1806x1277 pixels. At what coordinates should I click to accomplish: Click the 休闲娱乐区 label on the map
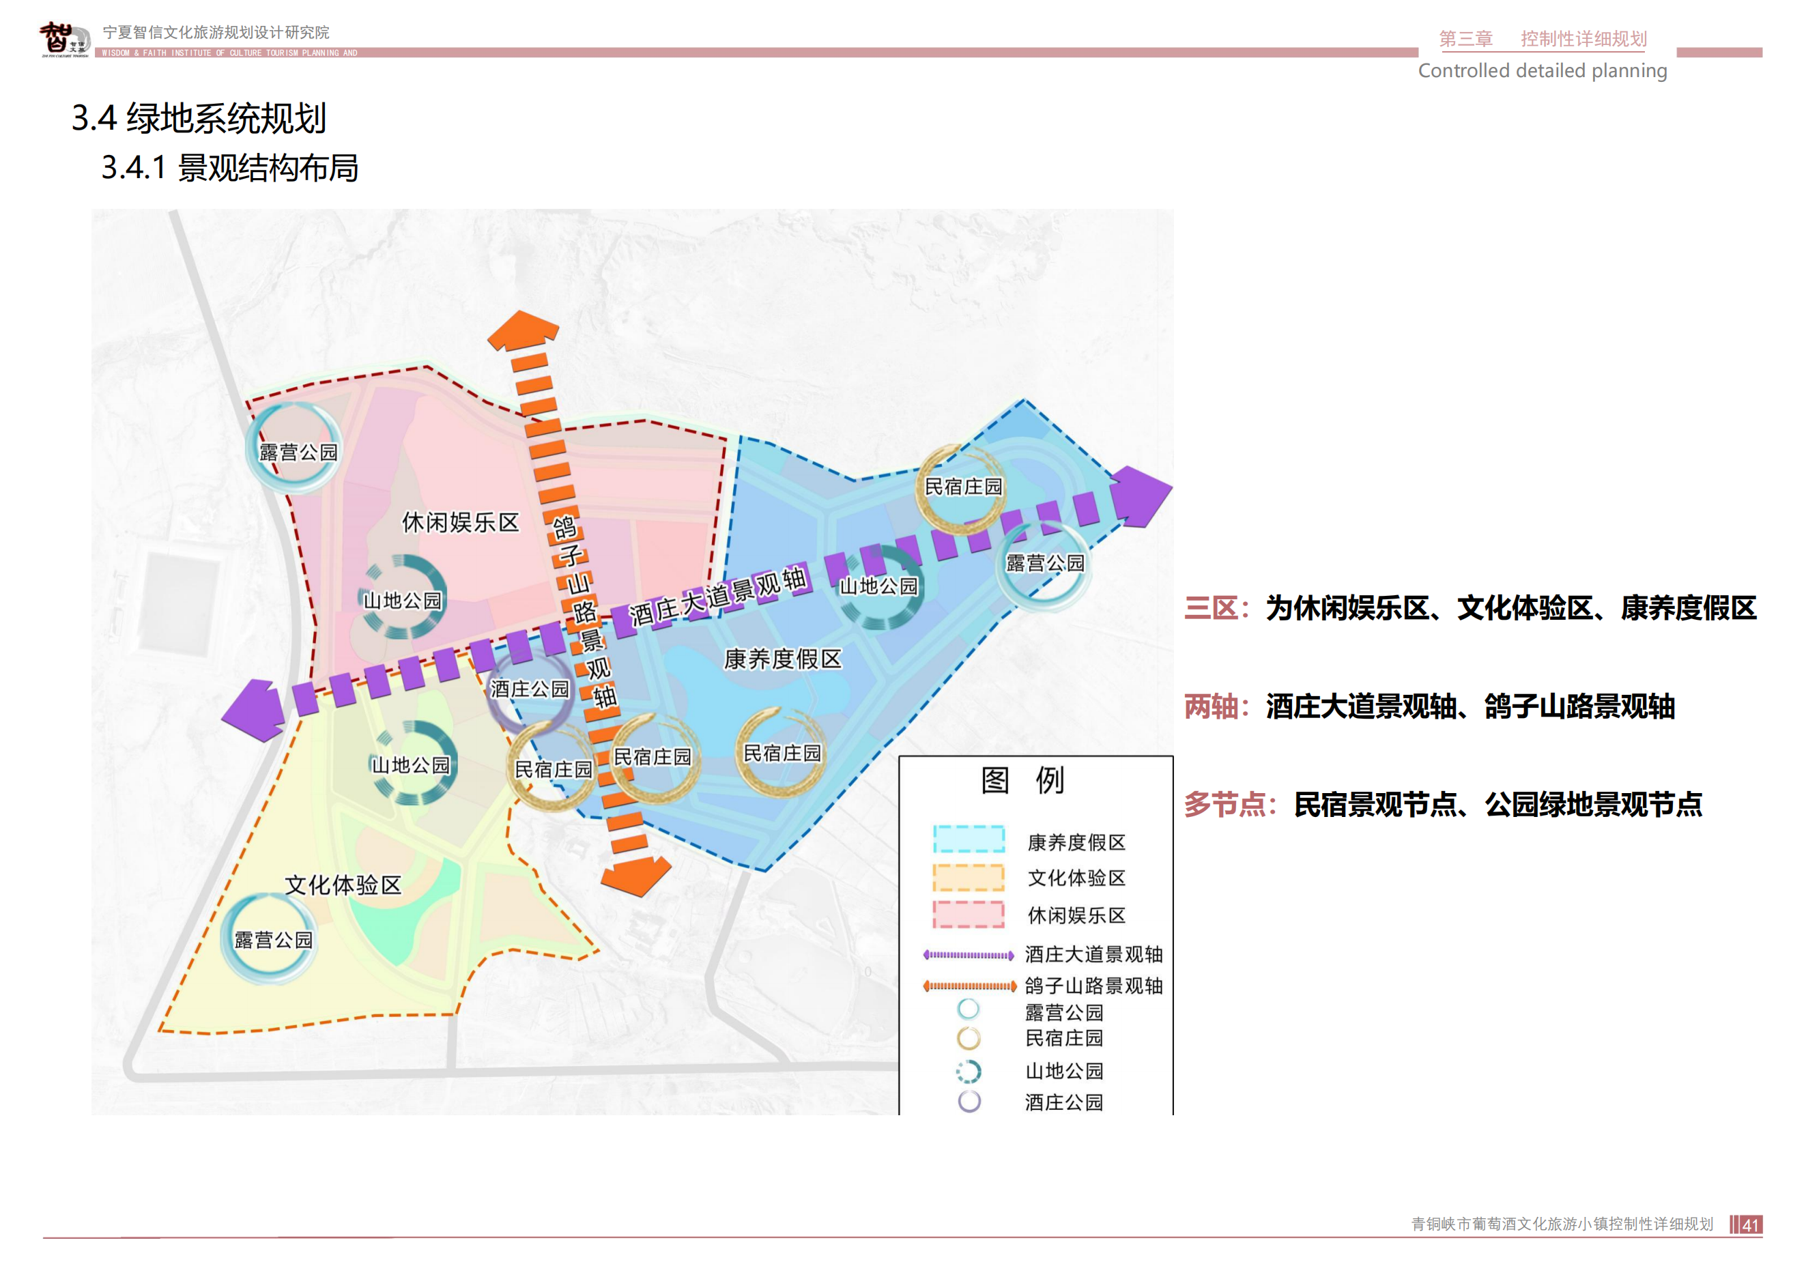click(x=460, y=522)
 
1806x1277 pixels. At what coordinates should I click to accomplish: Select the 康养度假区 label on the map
click(x=782, y=659)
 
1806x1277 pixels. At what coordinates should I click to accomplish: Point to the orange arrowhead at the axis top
click(x=522, y=331)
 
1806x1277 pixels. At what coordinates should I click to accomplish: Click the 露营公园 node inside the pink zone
click(x=296, y=450)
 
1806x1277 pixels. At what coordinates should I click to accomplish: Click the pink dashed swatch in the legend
click(x=969, y=915)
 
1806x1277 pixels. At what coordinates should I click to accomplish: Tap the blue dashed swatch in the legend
click(x=969, y=840)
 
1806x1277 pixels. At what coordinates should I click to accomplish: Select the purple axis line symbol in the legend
click(x=969, y=956)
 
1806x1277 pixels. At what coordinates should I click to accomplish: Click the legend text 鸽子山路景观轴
click(x=1093, y=986)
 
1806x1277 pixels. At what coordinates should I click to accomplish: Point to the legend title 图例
click(x=1022, y=780)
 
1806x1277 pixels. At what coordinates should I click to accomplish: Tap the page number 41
click(x=1750, y=1225)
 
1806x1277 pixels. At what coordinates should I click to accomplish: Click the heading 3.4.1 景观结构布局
click(x=230, y=169)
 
